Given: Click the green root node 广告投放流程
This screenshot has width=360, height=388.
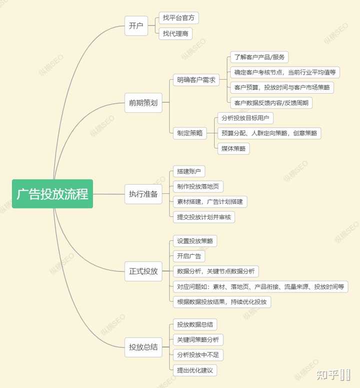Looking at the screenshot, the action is tap(52, 194).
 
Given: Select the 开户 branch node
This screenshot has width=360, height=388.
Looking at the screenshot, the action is tap(136, 26).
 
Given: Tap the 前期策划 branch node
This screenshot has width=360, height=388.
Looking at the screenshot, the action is tap(143, 103).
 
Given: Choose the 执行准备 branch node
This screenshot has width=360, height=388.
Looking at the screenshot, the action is tap(143, 194).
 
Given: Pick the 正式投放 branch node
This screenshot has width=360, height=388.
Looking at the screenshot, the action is tap(143, 271).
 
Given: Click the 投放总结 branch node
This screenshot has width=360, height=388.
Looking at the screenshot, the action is tap(143, 347).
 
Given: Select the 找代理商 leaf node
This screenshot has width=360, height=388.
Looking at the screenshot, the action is tap(175, 34).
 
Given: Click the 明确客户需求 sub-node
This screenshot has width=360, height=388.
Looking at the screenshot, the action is tap(196, 80).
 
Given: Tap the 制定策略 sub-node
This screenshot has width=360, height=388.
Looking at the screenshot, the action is tap(189, 133).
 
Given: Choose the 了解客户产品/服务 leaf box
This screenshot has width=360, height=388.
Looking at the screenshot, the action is tap(259, 57).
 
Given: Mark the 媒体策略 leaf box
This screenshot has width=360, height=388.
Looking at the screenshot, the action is tap(233, 149).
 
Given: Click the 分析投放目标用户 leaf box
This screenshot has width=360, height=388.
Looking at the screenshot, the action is tap(245, 118).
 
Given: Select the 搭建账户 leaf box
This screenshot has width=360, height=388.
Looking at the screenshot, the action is tap(188, 171).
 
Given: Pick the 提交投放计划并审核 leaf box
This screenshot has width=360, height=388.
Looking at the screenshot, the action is tap(203, 217).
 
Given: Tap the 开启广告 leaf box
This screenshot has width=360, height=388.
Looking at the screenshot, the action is tap(188, 256).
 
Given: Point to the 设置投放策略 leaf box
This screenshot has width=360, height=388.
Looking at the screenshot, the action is tap(195, 241).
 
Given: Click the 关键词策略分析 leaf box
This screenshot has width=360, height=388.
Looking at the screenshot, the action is tap(197, 340).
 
